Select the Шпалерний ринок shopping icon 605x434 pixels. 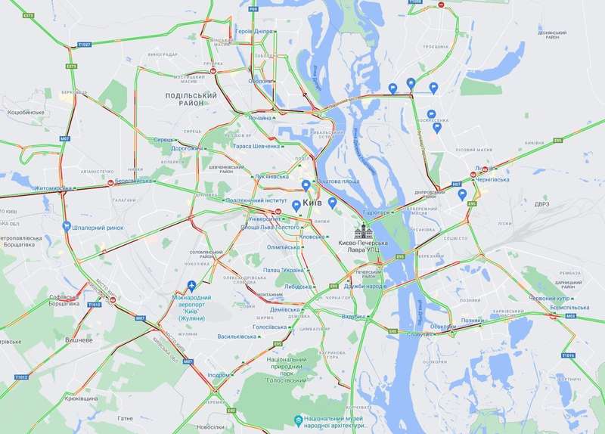click(x=67, y=225)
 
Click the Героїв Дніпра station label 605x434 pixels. click(x=255, y=31)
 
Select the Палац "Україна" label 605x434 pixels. click(x=284, y=270)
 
